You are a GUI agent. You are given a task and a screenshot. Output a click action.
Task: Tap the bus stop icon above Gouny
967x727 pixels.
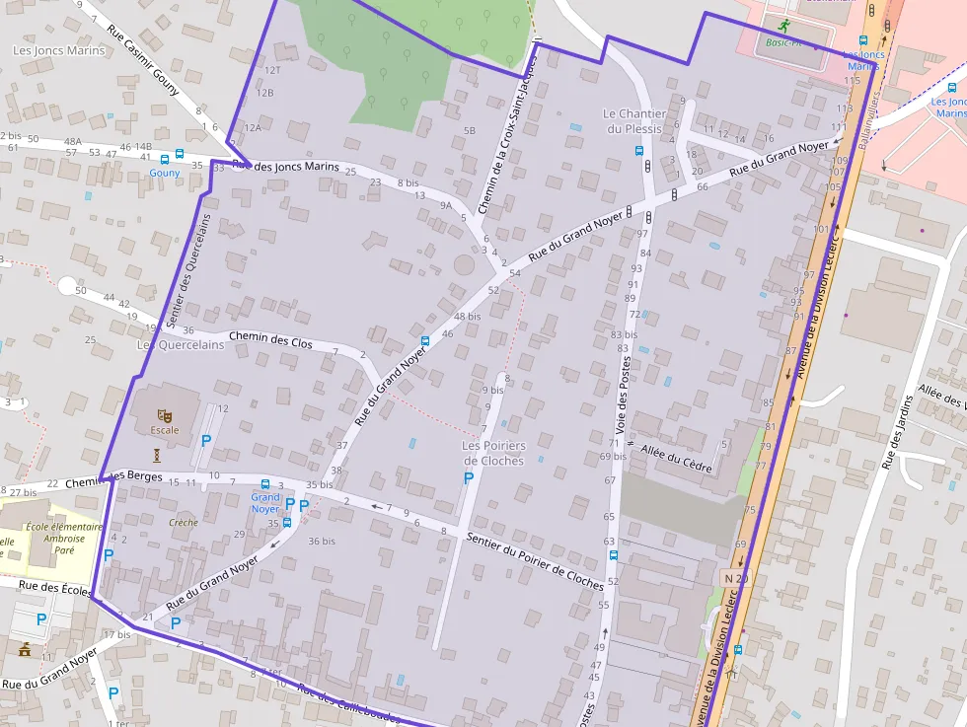179,155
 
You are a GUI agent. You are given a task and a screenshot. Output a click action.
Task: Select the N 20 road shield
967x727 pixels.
735,577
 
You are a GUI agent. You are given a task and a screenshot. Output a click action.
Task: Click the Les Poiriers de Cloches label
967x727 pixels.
493,453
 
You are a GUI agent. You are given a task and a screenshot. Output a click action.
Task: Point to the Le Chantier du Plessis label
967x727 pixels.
634,120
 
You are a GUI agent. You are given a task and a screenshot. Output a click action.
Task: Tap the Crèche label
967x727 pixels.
183,523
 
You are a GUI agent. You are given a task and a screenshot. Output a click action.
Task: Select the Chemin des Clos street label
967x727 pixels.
270,341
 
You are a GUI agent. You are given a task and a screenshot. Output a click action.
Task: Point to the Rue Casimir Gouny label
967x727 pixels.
144,58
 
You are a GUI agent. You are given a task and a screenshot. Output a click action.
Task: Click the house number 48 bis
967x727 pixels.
468,317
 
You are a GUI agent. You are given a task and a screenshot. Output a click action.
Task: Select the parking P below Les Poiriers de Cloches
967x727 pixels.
469,478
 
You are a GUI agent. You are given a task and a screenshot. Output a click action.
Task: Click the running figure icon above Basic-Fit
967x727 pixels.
783,26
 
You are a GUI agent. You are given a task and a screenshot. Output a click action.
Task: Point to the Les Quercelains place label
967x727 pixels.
180,345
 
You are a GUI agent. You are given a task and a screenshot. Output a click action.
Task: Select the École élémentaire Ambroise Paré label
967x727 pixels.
63,534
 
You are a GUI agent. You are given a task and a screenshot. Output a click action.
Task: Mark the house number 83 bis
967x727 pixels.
624,335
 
